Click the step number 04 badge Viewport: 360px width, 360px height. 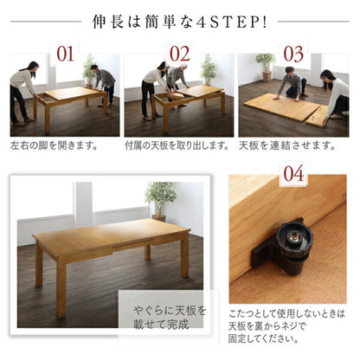tap(293, 173)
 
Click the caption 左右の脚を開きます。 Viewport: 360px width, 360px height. tap(56, 145)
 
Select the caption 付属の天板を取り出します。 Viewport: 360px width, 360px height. tap(177, 145)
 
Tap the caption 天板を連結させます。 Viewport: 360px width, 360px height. tap(287, 145)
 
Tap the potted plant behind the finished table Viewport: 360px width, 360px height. tap(160, 198)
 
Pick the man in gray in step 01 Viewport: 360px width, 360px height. tap(106, 84)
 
